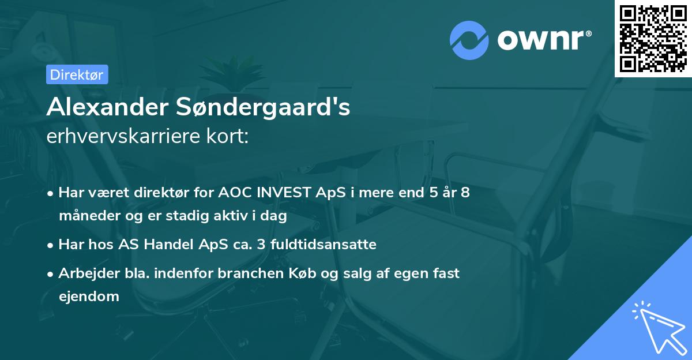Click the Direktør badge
(x=77, y=74)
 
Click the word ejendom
(x=89, y=297)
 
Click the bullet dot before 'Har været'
(x=51, y=193)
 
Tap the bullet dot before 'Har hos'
(x=51, y=245)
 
